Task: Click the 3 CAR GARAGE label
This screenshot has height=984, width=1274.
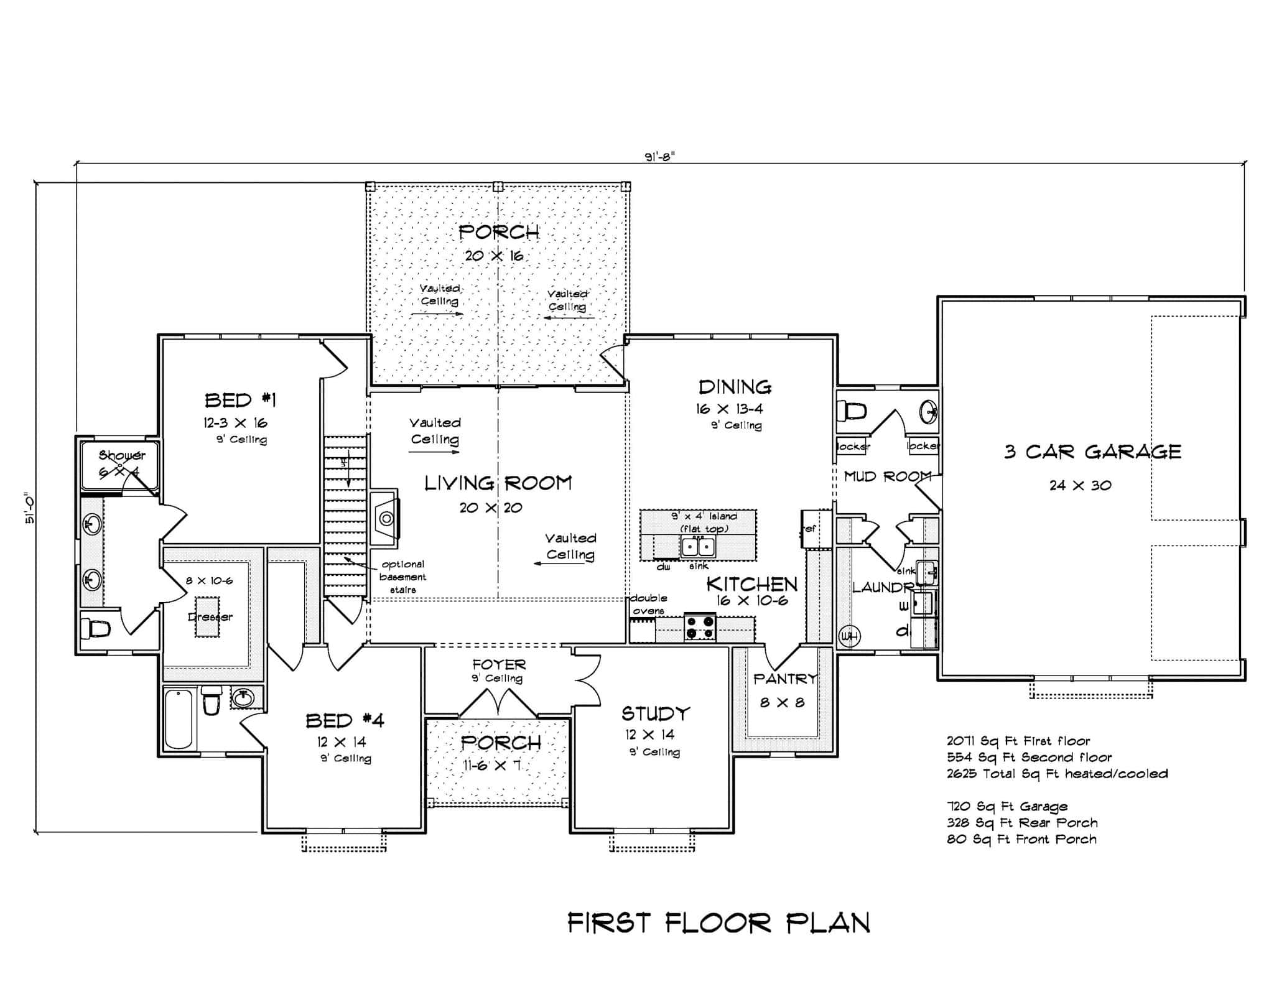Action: click(1092, 452)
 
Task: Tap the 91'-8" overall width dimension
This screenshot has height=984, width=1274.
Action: click(659, 157)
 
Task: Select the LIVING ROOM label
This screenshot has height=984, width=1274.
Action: click(498, 483)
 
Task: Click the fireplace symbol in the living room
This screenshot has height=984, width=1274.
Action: click(384, 518)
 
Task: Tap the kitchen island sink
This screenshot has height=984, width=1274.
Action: click(698, 547)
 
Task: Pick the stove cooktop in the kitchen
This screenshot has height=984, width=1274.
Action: click(700, 627)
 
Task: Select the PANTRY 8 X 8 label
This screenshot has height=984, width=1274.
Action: click(784, 689)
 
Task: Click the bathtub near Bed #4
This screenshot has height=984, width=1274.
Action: click(179, 720)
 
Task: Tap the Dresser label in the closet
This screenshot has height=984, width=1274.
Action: click(210, 617)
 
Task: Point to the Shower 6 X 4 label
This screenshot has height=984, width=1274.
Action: click(121, 463)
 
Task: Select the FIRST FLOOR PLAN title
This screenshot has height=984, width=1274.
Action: click(718, 923)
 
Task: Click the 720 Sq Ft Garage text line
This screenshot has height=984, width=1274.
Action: click(1007, 807)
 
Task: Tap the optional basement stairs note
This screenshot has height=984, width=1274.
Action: click(402, 577)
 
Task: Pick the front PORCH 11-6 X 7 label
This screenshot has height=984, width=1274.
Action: click(501, 753)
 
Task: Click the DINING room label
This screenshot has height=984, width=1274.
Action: click(735, 388)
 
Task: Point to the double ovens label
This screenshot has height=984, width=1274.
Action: click(648, 604)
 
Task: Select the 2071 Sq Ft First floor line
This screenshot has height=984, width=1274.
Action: click(1018, 741)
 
